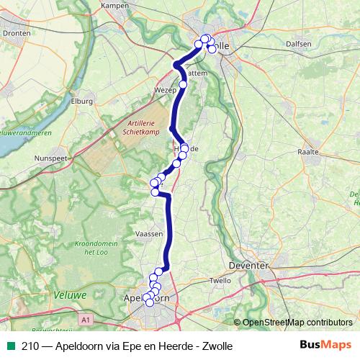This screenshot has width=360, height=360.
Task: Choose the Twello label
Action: pos(220,280)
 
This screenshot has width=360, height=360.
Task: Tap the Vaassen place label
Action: pos(149,233)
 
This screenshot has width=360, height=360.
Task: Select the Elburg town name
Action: pos(82,102)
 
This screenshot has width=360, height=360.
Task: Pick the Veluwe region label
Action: pos(70,294)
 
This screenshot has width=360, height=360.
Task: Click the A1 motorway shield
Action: pos(86,318)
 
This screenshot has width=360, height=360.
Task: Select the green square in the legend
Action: pos(11,346)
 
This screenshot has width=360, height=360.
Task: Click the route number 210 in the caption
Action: pos(30,346)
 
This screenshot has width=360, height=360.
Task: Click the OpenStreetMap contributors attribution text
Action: pos(297,323)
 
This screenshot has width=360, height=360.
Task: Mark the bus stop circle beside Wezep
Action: pos(183,85)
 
